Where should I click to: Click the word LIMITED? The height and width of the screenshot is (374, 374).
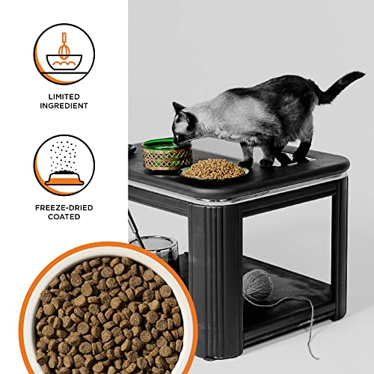pyautogui.click(x=64, y=96)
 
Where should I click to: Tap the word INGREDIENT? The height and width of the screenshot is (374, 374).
pyautogui.click(x=64, y=105)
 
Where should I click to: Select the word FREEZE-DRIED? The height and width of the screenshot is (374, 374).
pyautogui.click(x=64, y=208)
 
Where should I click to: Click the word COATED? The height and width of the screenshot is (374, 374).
pyautogui.click(x=64, y=217)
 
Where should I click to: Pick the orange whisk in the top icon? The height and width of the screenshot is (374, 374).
pyautogui.click(x=64, y=46)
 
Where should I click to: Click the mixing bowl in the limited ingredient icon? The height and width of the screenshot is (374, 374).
pyautogui.click(x=64, y=62)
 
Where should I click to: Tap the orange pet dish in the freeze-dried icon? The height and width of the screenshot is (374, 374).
pyautogui.click(x=64, y=179)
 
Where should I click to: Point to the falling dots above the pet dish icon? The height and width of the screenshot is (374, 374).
pyautogui.click(x=64, y=156)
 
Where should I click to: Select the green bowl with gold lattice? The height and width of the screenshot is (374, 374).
pyautogui.click(x=167, y=155)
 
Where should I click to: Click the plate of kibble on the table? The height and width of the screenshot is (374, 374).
pyautogui.click(x=214, y=170)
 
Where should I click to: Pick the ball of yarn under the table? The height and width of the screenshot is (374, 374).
pyautogui.click(x=257, y=284)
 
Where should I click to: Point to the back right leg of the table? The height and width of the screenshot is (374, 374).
pyautogui.click(x=339, y=247)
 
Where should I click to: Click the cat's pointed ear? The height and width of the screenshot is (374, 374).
pyautogui.click(x=178, y=107)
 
